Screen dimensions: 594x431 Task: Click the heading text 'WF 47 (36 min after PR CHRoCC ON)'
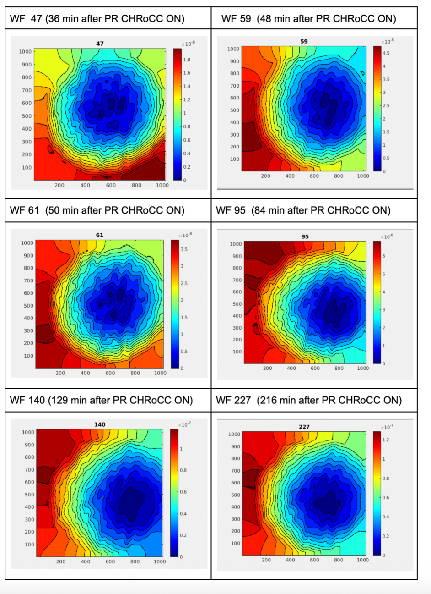click(97, 19)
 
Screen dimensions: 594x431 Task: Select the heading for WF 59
click(308, 19)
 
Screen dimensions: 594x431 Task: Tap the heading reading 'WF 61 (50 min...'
click(97, 210)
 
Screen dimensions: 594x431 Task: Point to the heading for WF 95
click(303, 210)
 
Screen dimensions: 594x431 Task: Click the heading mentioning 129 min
click(101, 400)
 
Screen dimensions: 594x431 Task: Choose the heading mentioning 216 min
click(308, 400)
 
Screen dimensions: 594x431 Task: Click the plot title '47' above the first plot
click(100, 44)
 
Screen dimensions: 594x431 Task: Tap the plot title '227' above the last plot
click(304, 427)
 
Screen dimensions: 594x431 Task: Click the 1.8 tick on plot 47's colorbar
click(187, 60)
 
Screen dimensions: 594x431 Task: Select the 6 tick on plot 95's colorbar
click(383, 256)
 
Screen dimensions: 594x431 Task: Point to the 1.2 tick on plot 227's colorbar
click(386, 440)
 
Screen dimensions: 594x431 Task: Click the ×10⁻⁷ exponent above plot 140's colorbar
click(184, 424)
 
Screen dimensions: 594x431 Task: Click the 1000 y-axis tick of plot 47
click(25, 51)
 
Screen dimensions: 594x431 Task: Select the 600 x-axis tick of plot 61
click(110, 373)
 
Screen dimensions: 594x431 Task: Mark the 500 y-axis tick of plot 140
click(29, 495)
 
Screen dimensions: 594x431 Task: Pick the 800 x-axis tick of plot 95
click(339, 368)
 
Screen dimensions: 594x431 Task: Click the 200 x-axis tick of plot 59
click(266, 176)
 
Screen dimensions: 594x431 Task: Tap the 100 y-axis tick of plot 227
click(235, 543)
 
